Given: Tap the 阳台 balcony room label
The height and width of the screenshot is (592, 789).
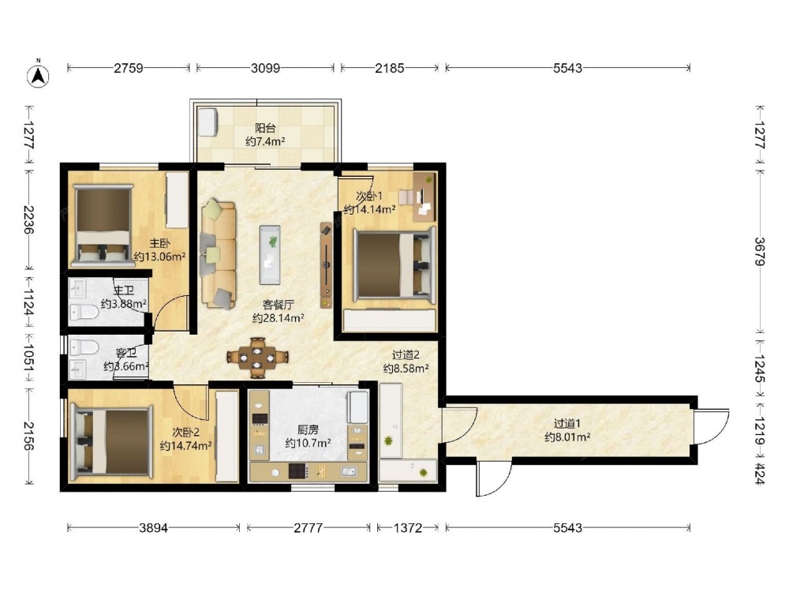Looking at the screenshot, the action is (x=265, y=128).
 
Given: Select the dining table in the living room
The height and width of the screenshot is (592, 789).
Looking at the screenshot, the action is (x=257, y=358).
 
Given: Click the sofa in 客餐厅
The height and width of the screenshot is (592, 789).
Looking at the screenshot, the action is (x=218, y=254).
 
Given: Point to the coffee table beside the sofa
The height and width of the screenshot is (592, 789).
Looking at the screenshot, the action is (x=270, y=255).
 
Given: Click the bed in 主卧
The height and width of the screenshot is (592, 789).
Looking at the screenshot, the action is (x=103, y=225).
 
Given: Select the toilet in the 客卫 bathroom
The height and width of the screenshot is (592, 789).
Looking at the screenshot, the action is (x=84, y=347).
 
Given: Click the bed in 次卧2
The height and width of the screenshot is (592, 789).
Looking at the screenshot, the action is (x=112, y=443).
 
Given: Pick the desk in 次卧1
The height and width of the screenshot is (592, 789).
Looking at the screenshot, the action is (x=424, y=197).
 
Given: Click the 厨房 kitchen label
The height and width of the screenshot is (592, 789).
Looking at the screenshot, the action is (x=308, y=430).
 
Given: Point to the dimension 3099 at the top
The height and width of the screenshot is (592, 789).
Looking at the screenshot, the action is (x=265, y=67).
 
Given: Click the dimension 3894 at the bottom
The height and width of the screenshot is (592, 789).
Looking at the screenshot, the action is (x=154, y=527).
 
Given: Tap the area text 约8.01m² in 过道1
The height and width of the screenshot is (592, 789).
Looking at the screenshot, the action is (x=567, y=437).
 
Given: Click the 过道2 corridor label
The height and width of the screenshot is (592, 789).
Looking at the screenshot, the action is (x=406, y=355).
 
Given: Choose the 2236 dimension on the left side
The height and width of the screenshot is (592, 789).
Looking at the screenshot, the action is (x=28, y=220).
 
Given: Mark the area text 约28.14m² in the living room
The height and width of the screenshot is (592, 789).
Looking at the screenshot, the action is (x=278, y=318).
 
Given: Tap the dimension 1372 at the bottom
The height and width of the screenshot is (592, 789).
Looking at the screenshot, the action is (x=408, y=527).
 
